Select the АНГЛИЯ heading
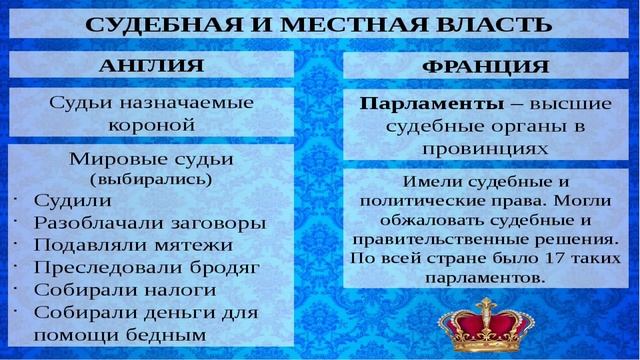pos(152,65)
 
